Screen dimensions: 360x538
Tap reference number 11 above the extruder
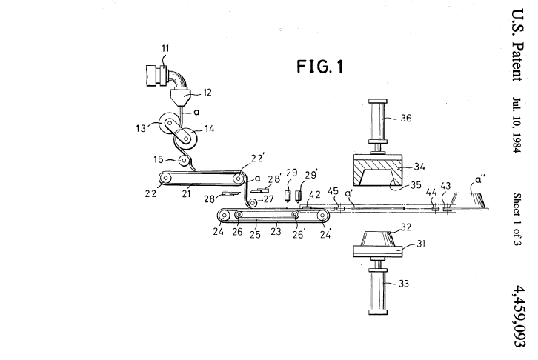pyautogui.click(x=165, y=49)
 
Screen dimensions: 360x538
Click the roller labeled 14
pyautogui.click(x=185, y=138)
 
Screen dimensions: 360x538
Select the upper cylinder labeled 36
pyautogui.click(x=384, y=118)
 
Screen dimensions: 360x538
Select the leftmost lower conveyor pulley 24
pyautogui.click(x=222, y=216)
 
